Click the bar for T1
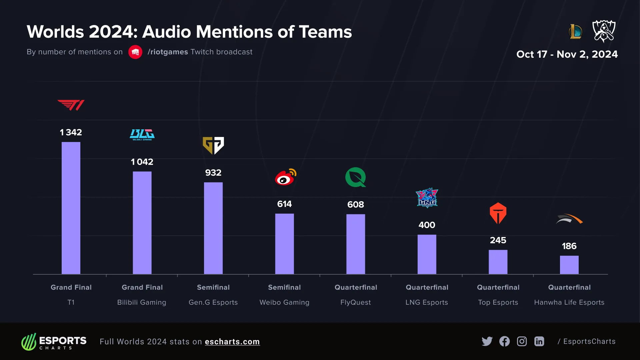(x=71, y=208)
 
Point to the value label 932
(x=213, y=173)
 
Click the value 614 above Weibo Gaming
(x=284, y=204)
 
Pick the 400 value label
(x=427, y=225)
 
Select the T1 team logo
(x=71, y=105)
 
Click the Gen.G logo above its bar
(x=213, y=145)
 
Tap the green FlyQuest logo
(x=355, y=177)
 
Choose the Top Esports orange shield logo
(x=498, y=213)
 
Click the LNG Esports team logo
(x=427, y=198)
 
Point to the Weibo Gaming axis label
(x=284, y=302)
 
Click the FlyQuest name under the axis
(x=355, y=302)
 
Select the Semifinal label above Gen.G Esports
(x=213, y=287)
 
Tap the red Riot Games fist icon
(x=135, y=52)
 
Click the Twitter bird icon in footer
(x=487, y=341)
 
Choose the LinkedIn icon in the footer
(x=539, y=341)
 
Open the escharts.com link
(x=232, y=342)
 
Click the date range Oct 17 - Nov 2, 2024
(x=567, y=54)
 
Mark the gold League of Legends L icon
(x=576, y=32)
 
